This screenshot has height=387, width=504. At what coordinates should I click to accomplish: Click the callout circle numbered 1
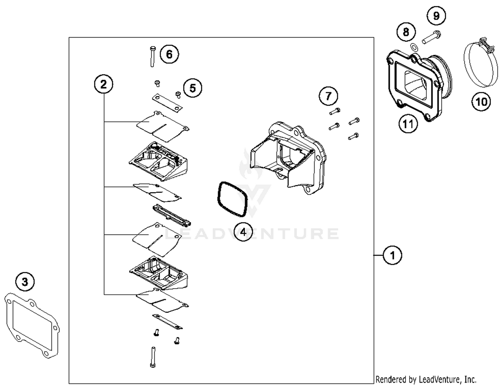[392, 255]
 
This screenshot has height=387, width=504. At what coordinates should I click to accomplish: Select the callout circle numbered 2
[103, 84]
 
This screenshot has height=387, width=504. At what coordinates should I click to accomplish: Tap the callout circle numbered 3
[25, 282]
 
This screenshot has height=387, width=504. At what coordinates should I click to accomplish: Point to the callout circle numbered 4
[243, 232]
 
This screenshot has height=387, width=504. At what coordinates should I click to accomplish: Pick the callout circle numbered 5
[192, 88]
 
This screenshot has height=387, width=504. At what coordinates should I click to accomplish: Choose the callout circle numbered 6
[169, 54]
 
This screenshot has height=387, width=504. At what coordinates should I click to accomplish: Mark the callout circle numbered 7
[328, 96]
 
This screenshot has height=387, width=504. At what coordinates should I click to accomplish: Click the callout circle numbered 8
[406, 32]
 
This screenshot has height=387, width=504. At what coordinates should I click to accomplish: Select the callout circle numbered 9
[436, 16]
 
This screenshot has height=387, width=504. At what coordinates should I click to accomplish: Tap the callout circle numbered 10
[481, 101]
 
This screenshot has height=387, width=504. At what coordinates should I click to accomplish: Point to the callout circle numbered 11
[408, 124]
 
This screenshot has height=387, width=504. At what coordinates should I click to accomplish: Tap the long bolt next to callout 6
[152, 56]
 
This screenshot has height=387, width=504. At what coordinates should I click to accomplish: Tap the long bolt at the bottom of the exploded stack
[153, 357]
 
